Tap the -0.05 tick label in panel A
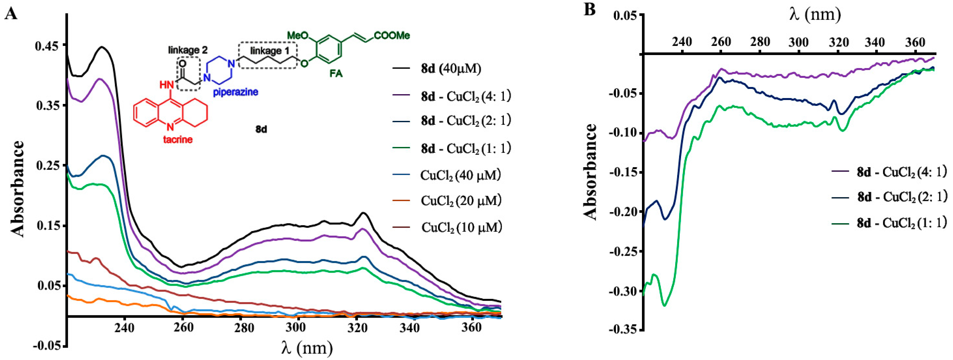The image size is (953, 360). coord(47,346)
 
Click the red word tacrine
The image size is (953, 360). coord(178,140)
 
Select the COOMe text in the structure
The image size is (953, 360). coord(392,36)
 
